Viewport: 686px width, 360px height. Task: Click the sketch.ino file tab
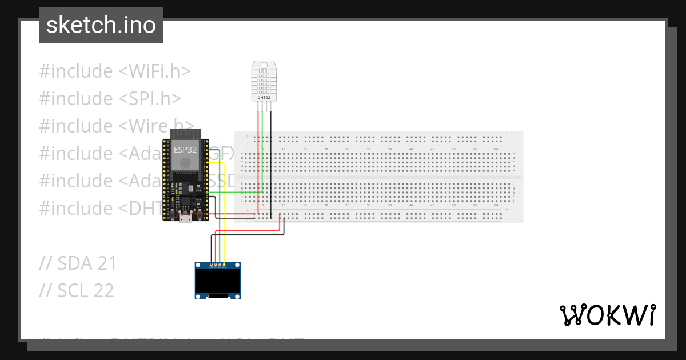[x=101, y=25]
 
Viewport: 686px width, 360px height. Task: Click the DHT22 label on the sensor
[x=264, y=98]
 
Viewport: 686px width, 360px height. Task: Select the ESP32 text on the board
[x=185, y=150]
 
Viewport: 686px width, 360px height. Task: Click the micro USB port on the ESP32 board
[x=185, y=218]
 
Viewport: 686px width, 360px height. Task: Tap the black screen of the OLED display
[x=218, y=281]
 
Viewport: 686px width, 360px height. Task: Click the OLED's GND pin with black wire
[x=211, y=265]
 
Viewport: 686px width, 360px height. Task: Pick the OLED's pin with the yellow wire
[x=224, y=265]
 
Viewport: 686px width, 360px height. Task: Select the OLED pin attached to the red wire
[x=216, y=265]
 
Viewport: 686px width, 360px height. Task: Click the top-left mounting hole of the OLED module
[x=198, y=266]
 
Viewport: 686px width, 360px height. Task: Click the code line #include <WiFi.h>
[x=114, y=71]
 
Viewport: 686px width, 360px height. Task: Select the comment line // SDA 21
[x=78, y=263]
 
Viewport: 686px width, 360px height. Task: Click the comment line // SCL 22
[x=77, y=291]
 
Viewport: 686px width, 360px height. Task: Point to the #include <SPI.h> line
[x=110, y=99]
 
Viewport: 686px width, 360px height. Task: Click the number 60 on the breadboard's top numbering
[x=496, y=149]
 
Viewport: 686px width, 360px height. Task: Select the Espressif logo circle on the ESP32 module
[x=185, y=163]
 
